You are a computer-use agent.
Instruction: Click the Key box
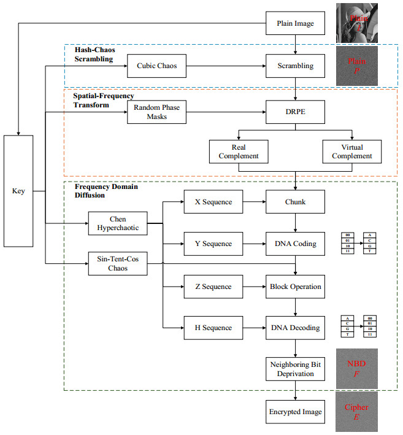(x=19, y=191)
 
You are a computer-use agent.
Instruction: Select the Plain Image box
(x=296, y=24)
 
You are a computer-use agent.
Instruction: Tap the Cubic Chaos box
(x=156, y=66)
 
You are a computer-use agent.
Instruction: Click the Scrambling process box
(x=296, y=66)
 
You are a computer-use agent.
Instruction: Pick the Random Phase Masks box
(x=156, y=112)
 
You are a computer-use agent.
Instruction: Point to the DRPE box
(x=296, y=112)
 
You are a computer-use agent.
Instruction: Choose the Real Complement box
(x=239, y=152)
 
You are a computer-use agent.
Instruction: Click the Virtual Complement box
(x=352, y=152)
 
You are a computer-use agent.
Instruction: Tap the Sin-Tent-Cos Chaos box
(x=118, y=263)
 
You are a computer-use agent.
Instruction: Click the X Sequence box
(x=213, y=201)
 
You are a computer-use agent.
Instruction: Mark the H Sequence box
(x=213, y=328)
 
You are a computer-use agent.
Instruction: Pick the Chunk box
(x=296, y=201)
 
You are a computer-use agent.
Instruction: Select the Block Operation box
(x=296, y=287)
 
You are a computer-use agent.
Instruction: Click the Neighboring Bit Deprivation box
(x=296, y=368)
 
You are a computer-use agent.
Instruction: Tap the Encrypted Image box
(x=296, y=412)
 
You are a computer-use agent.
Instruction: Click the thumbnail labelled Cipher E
(x=356, y=412)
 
